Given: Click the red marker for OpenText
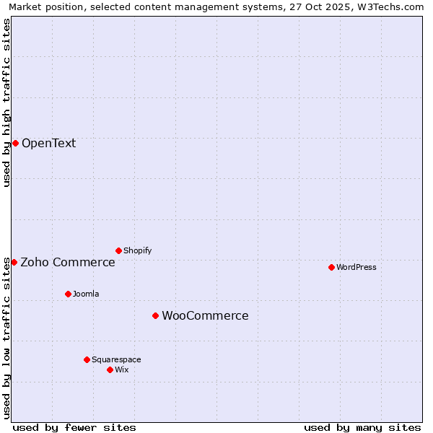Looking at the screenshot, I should tap(15, 143).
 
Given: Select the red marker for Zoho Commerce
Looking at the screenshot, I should tap(14, 262).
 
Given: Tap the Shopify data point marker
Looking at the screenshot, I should tap(118, 250).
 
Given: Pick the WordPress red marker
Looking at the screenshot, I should tap(331, 267).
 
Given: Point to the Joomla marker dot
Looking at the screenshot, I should tap(68, 294).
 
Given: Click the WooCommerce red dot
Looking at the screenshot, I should tap(155, 315).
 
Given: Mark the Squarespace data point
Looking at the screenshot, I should tap(87, 359).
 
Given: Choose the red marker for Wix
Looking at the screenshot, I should tap(110, 369).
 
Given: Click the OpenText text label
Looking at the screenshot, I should tap(48, 143).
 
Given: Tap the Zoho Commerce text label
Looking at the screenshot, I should tap(68, 262).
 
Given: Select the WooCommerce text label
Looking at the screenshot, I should tap(205, 315).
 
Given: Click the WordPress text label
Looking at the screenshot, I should tap(357, 267).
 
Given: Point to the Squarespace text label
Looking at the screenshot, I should tap(116, 359).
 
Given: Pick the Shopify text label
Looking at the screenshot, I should tap(137, 250).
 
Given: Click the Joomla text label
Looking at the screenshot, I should tap(86, 294).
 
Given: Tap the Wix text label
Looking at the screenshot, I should tap(121, 369).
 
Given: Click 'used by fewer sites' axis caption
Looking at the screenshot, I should tap(74, 427).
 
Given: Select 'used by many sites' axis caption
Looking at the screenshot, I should tap(362, 427).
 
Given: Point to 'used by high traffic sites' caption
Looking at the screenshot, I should tap(7, 102).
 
